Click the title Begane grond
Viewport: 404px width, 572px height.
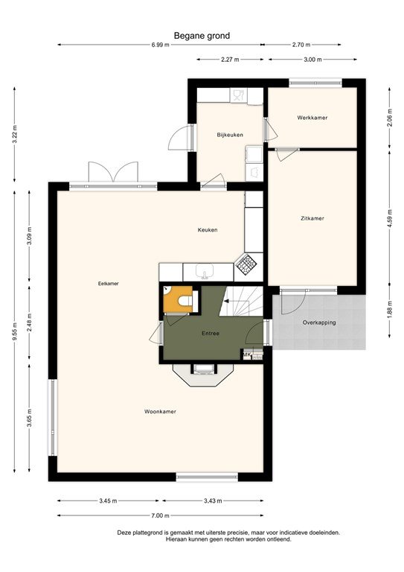tap(202, 35)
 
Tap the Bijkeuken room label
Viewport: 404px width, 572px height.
tap(230, 135)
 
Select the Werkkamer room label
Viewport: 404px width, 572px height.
tap(312, 118)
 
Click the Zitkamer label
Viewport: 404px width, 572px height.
tap(312, 218)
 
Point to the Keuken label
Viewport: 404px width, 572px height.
tap(208, 229)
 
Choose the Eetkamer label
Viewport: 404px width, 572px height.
tap(108, 283)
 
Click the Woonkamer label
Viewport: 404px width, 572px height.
tap(160, 411)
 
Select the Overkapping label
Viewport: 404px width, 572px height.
tap(319, 322)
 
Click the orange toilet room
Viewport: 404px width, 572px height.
tap(177, 299)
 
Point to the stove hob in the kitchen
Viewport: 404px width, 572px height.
tap(246, 262)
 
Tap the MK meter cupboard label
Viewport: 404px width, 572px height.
tap(246, 355)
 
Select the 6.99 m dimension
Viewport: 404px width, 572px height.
tap(161, 45)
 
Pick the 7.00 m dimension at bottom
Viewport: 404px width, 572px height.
tap(161, 515)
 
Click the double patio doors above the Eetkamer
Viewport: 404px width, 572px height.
tap(113, 172)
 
